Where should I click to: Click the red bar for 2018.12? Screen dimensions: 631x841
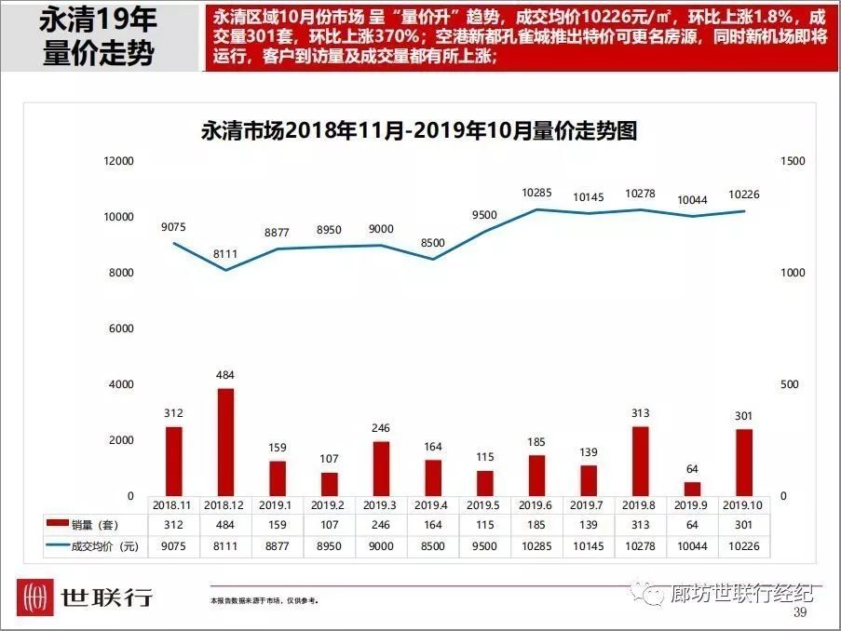point(224,441)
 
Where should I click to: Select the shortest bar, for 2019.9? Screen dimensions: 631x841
point(692,489)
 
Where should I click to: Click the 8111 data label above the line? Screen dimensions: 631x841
point(224,253)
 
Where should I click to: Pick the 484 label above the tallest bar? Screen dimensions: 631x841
point(224,373)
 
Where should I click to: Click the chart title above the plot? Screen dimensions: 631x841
point(419,130)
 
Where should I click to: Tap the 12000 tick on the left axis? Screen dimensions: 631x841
point(118,161)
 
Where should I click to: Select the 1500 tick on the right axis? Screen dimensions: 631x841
point(792,161)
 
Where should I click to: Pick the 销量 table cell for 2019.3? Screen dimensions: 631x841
point(380,526)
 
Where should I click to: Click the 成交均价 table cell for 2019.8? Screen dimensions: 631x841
point(640,547)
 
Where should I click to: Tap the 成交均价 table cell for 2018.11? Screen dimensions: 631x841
point(172,547)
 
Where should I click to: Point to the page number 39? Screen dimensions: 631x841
point(799,612)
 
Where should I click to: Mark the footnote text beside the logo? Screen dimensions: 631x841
point(265,601)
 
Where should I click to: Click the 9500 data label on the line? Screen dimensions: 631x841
point(484,215)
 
